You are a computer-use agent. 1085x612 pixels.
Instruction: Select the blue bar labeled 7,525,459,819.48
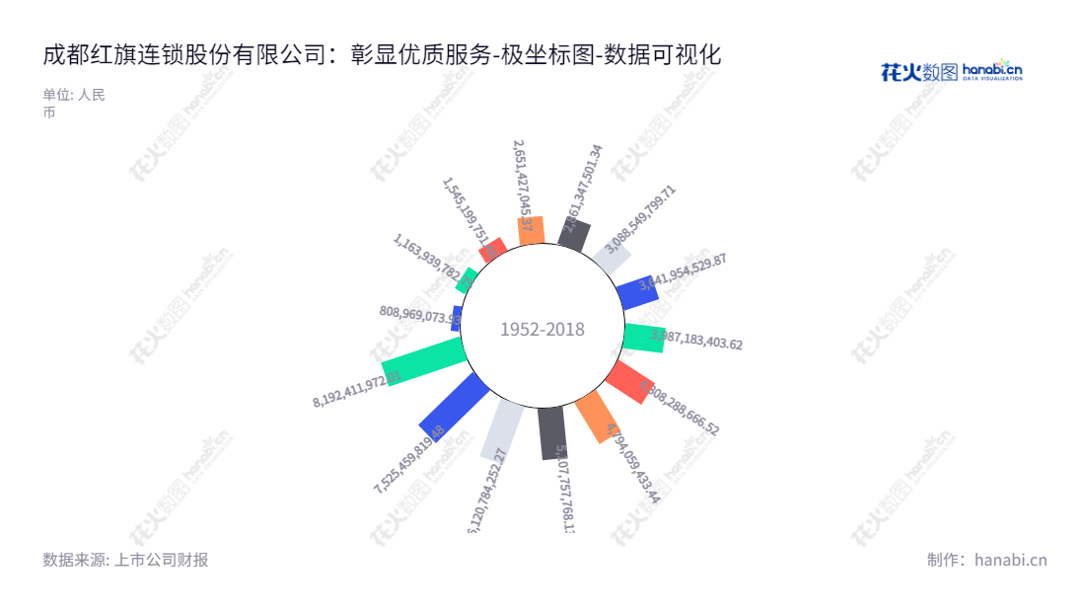coord(455,406)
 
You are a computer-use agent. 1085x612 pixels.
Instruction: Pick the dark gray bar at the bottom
coord(552,433)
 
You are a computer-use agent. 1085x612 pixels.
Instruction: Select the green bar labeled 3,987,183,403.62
coord(644,338)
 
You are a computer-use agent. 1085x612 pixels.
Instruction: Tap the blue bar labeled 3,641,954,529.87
coord(637,292)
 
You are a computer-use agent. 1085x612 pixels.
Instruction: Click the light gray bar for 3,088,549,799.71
coord(612,259)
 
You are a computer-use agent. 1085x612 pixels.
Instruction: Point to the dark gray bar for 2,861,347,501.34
coord(574,235)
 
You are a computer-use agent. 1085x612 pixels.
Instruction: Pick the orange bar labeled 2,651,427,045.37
coord(531,230)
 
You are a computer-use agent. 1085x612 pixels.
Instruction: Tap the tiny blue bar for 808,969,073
coord(457,318)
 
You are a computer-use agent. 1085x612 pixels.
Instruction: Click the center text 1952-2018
coord(542,330)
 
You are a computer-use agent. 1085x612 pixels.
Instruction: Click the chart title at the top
coord(382,54)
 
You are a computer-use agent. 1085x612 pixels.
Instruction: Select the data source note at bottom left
coord(125,560)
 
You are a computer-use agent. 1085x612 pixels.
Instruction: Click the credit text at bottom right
coord(986,560)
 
